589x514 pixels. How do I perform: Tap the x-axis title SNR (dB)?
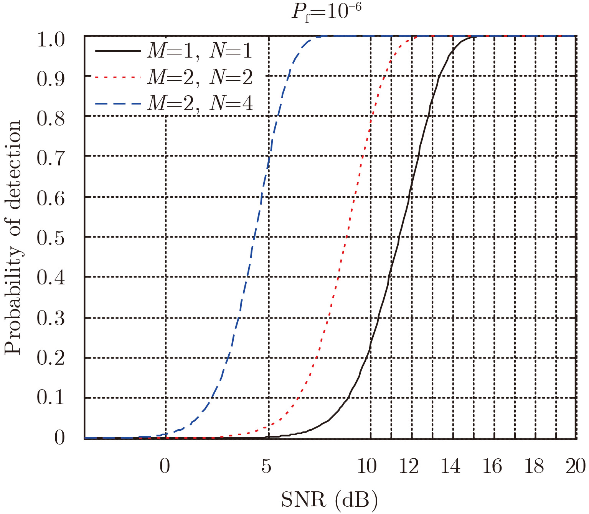tap(330, 500)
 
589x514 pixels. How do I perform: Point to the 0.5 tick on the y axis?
tap(51, 238)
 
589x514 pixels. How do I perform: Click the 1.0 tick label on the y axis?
tap(51, 40)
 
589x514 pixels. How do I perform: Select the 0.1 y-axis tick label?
tap(51, 397)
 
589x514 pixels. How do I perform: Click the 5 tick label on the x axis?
tap(266, 466)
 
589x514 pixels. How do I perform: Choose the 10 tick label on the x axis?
tap(367, 466)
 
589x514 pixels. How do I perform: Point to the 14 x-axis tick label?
tap(450, 466)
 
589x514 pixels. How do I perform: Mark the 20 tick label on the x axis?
tap(575, 466)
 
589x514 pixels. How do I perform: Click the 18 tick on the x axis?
tap(534, 466)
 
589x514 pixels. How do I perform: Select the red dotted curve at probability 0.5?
tap(346, 237)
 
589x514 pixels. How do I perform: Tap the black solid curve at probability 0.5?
tap(399, 237)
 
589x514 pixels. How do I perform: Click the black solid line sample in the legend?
tap(118, 51)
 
